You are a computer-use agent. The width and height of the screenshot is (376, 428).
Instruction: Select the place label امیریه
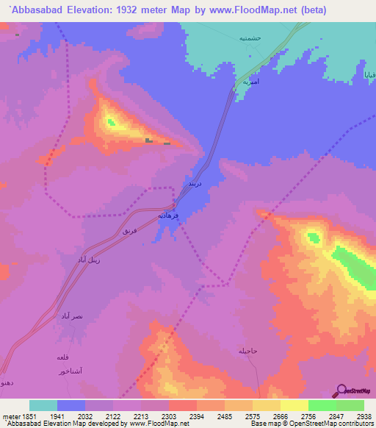(251, 82)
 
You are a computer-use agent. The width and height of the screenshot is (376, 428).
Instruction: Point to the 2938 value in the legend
(363, 415)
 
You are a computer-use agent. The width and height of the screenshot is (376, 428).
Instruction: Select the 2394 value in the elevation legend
(196, 415)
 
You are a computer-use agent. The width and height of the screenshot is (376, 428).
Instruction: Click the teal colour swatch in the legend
(43, 405)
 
